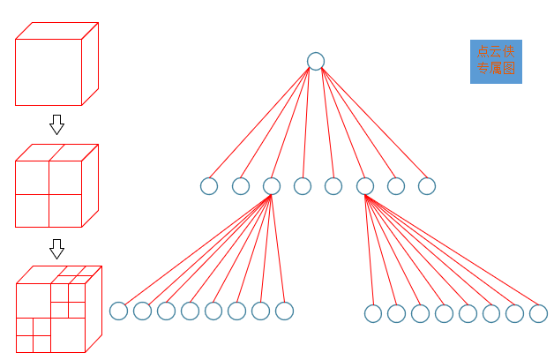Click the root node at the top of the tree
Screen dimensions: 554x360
(316, 61)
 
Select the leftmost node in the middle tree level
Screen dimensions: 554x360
(209, 186)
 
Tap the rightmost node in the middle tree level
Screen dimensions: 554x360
(427, 186)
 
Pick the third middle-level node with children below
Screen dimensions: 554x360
(272, 186)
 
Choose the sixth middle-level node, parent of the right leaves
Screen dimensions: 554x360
(365, 186)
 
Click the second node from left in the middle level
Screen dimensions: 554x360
(241, 186)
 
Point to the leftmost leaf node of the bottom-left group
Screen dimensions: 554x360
(119, 311)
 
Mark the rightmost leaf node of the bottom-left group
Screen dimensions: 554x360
(284, 311)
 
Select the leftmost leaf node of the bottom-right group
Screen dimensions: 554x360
(373, 313)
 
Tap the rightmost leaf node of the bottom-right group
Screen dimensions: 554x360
(538, 313)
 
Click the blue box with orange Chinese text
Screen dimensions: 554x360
(496, 61)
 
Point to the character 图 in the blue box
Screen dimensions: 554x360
(509, 68)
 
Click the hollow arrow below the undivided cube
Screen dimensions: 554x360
(57, 124)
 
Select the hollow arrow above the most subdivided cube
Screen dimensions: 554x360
(57, 249)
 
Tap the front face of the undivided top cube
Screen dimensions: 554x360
(49, 71)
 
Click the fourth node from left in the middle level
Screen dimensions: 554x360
(303, 186)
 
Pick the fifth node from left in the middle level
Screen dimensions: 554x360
(333, 186)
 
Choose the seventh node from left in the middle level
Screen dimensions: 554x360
(396, 186)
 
